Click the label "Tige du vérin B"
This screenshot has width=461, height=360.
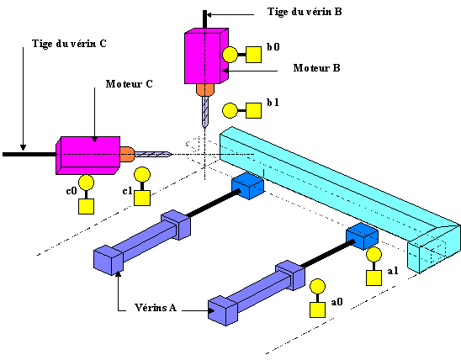305,12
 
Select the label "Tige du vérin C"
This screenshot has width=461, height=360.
69,44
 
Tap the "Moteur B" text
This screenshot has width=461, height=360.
316,68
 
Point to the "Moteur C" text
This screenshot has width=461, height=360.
129,84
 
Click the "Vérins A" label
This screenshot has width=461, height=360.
156,307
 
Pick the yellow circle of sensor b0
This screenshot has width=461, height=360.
230,55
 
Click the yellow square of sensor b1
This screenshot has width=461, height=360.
253,110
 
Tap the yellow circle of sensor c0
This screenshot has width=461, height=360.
86,183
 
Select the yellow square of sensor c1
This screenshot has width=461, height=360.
142,198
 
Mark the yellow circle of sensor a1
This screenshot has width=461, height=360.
374,255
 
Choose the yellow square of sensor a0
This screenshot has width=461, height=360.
317,310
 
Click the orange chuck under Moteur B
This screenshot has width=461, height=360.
205,90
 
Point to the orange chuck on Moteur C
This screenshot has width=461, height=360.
127,154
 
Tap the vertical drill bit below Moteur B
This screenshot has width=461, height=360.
205,112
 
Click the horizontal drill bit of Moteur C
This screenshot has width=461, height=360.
152,154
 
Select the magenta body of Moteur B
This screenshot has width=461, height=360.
206,56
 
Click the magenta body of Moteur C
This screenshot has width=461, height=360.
87,156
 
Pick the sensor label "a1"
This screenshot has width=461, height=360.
393,271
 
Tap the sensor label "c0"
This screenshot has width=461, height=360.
72,191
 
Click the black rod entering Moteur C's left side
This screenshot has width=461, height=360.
29,154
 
